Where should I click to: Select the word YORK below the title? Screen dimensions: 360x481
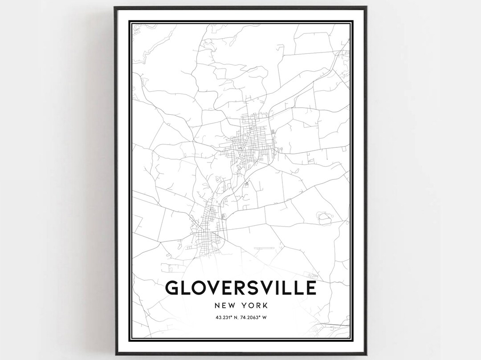(x=255, y=306)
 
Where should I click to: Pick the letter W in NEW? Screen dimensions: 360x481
(x=232, y=306)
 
